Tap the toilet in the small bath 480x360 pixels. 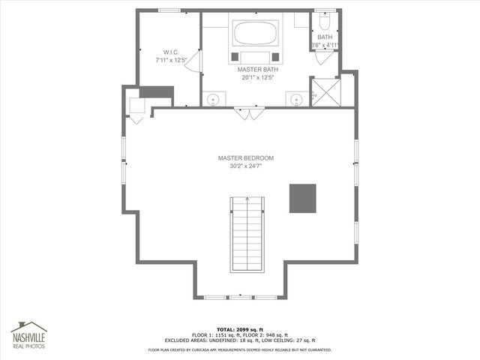click(323, 22)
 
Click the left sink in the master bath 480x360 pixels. click(214, 99)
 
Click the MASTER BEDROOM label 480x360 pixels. click(246, 158)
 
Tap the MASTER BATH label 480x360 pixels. click(256, 69)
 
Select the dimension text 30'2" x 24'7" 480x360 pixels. click(246, 166)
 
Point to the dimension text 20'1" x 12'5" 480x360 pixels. click(257, 77)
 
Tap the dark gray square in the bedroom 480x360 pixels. click(304, 197)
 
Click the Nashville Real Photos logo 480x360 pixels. click(28, 336)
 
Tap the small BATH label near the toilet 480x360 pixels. click(324, 37)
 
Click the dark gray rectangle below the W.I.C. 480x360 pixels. click(157, 92)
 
